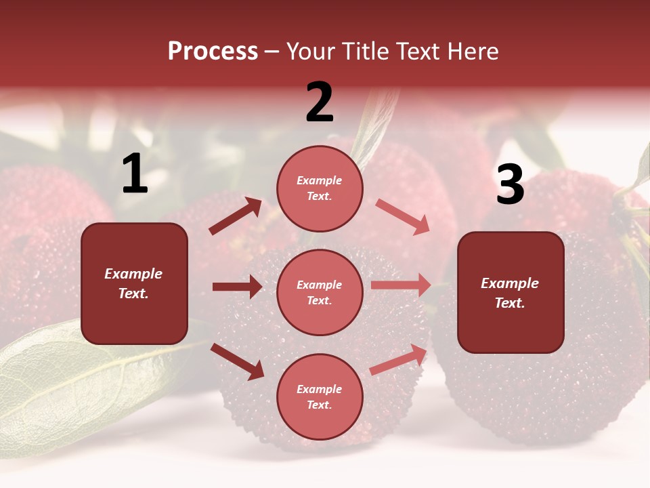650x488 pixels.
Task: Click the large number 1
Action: [x=135, y=174]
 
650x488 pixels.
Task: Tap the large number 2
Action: [x=320, y=102]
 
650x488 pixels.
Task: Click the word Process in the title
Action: [x=213, y=51]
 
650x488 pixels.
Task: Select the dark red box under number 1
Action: [x=134, y=283]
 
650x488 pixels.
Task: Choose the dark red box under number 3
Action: [x=511, y=293]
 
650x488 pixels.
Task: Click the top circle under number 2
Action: [x=320, y=188]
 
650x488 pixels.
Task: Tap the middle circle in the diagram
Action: [x=320, y=292]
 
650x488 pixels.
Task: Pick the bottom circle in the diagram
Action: [x=320, y=396]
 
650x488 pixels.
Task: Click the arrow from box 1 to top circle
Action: [x=236, y=216]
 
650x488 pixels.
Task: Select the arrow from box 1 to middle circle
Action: [x=237, y=287]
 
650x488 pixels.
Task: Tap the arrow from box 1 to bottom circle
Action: [x=237, y=361]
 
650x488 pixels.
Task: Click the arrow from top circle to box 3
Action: [x=402, y=216]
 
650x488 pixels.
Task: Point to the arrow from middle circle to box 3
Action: [x=401, y=285]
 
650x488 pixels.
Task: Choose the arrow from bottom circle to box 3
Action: [x=399, y=359]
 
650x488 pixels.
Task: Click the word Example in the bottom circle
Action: [x=320, y=389]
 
